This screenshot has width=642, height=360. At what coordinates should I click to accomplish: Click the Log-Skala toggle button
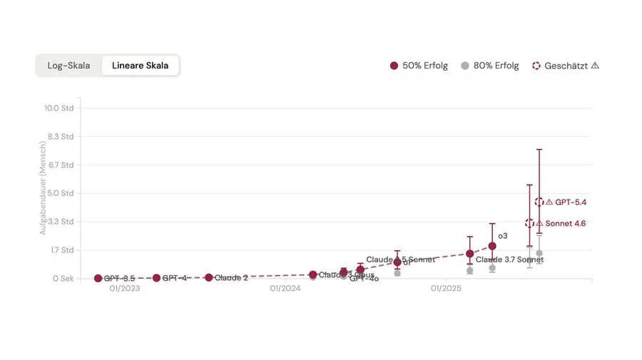pyautogui.click(x=68, y=66)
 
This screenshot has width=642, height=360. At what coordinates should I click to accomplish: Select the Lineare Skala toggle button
pyautogui.click(x=140, y=66)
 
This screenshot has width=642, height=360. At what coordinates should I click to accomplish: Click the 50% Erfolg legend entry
pyautogui.click(x=419, y=66)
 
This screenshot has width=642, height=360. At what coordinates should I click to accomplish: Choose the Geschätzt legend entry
pyautogui.click(x=565, y=66)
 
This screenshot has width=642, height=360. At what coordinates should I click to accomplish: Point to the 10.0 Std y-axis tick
pyautogui.click(x=59, y=108)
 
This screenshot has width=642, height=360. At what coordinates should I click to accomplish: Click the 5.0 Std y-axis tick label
pyautogui.click(x=59, y=193)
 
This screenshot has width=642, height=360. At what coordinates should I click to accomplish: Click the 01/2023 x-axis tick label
pyautogui.click(x=124, y=289)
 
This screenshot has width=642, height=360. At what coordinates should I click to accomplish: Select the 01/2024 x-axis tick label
pyautogui.click(x=285, y=289)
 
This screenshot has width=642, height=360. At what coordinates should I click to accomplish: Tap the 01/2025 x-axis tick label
pyautogui.click(x=446, y=289)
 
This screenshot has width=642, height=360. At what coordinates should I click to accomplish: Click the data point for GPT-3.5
pyautogui.click(x=98, y=278)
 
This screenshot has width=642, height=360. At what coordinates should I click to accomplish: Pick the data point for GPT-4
pyautogui.click(x=156, y=278)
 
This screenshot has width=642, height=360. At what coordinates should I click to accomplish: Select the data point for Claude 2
pyautogui.click(x=209, y=277)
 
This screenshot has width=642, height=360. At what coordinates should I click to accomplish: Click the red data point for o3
pyautogui.click(x=492, y=246)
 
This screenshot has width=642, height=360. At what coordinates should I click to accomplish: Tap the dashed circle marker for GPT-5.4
pyautogui.click(x=539, y=202)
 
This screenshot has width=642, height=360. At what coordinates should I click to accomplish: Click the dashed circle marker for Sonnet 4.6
pyautogui.click(x=529, y=223)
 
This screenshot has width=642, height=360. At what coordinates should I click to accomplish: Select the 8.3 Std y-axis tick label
pyautogui.click(x=59, y=136)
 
